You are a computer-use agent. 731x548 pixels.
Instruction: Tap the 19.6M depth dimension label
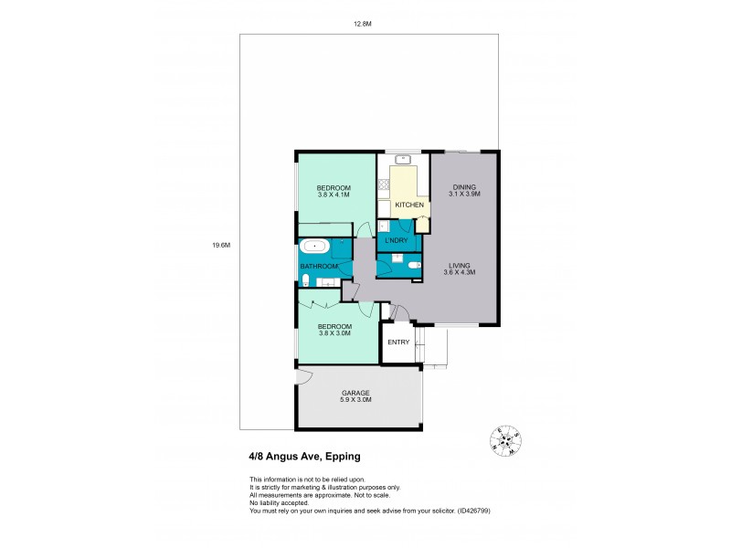pyautogui.click(x=220, y=245)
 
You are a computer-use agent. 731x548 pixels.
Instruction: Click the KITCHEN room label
pyautogui.click(x=408, y=205)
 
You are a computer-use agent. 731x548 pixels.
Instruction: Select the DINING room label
pyautogui.click(x=463, y=186)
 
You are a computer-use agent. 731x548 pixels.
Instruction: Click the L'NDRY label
pyautogui.click(x=397, y=239)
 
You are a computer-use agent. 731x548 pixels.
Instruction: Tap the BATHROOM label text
pyautogui.click(x=320, y=266)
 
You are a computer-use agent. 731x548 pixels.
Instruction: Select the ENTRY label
pyautogui.click(x=397, y=342)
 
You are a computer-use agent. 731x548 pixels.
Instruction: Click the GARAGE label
pyautogui.click(x=355, y=393)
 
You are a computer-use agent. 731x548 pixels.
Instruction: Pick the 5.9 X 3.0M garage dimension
pyautogui.click(x=355, y=400)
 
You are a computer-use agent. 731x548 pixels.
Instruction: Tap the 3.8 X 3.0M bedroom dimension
pyautogui.click(x=334, y=333)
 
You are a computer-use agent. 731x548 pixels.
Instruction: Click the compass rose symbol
pyautogui.click(x=503, y=441)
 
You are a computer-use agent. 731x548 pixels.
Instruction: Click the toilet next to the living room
pyautogui.click(x=414, y=266)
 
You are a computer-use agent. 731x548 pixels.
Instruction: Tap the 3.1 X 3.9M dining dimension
pyautogui.click(x=463, y=194)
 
